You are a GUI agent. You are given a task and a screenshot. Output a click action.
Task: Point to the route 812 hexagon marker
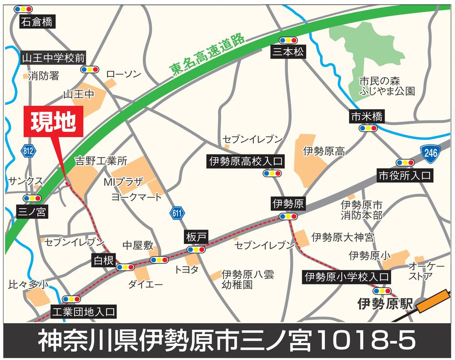point(28,151)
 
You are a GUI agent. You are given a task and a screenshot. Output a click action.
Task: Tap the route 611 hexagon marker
point(177,212)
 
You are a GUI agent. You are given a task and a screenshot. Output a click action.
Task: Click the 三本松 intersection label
point(288,52)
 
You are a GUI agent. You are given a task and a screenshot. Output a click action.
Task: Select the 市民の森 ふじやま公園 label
point(386,86)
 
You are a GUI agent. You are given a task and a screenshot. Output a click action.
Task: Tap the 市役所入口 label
point(404,176)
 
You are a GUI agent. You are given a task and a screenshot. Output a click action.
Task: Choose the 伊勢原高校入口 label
point(246,161)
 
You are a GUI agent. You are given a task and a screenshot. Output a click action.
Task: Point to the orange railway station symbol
point(432,302)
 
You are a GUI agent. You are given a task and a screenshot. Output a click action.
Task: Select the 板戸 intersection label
point(197,236)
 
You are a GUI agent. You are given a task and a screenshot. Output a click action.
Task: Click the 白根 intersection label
point(104,261)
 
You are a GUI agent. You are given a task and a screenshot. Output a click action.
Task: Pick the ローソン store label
point(123,74)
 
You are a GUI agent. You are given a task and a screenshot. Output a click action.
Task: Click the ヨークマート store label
point(136,197)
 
